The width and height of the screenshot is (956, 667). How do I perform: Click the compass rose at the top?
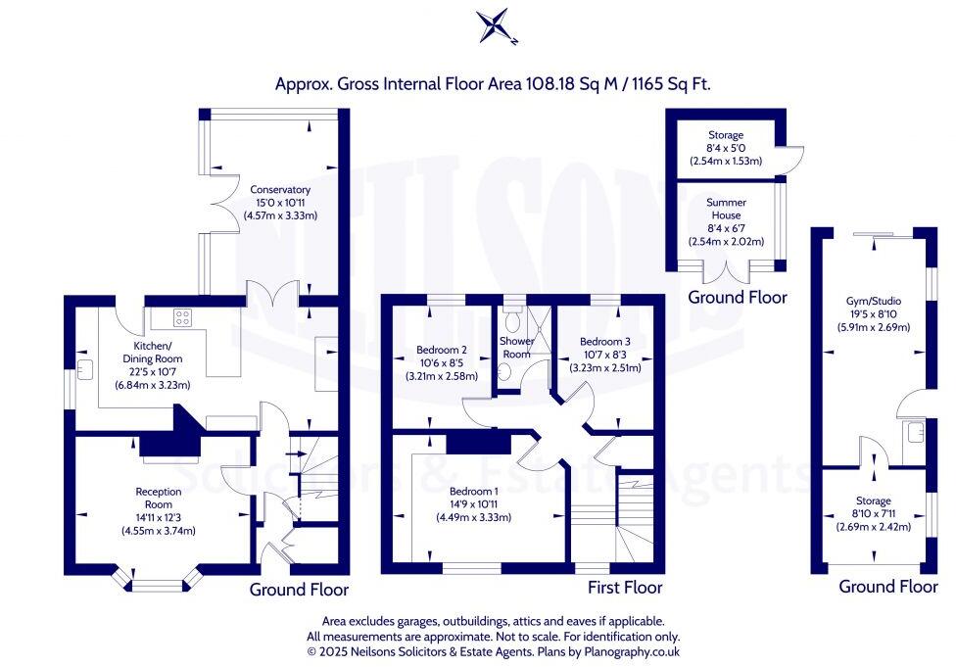click(x=495, y=25)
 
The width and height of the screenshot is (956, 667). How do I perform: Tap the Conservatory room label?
click(x=280, y=190)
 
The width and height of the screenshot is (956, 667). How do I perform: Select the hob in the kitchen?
click(x=183, y=317)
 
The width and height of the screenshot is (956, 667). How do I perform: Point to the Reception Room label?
click(x=159, y=499)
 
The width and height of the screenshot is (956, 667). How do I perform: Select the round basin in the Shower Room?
click(x=504, y=372)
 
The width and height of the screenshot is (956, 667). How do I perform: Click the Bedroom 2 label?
click(x=442, y=350)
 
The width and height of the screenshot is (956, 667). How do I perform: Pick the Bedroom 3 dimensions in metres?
click(x=604, y=367)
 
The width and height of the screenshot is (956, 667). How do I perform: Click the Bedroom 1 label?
click(x=474, y=492)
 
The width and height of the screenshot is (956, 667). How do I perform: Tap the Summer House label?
click(x=726, y=209)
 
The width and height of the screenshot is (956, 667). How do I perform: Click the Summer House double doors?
click(x=726, y=272)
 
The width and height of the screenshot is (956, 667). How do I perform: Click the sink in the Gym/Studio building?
click(x=914, y=433)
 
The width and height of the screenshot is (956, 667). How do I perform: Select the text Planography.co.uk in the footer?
click(x=632, y=651)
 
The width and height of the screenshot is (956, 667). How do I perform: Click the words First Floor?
click(x=625, y=587)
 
